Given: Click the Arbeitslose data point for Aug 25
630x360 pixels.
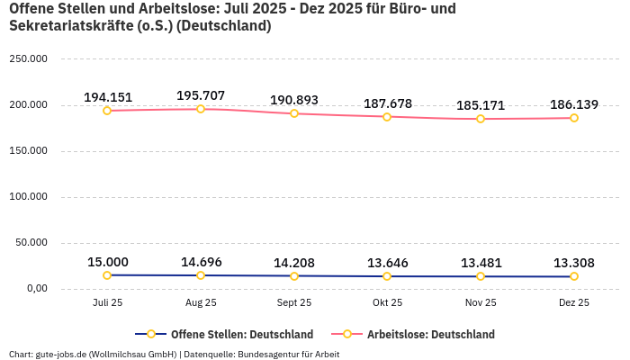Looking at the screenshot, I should coord(201,109).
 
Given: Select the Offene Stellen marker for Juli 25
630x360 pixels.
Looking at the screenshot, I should coord(107,275).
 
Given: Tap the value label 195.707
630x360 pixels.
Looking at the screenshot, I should coord(201,95).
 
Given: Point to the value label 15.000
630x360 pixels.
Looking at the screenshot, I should coord(107,262).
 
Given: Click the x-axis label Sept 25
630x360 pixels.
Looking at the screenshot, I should coord(294,302).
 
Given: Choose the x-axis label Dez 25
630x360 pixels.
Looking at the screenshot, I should coord(574,302).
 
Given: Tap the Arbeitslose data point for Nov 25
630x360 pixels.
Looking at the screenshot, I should coord(481,119).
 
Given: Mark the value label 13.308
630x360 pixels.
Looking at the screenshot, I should coord(574,263).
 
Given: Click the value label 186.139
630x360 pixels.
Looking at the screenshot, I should coord(574,104).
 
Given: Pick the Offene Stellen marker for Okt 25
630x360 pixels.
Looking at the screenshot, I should coord(387,276).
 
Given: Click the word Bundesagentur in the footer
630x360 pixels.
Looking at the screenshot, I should coord(266,354).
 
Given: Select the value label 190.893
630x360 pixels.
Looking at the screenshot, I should coord(294,100).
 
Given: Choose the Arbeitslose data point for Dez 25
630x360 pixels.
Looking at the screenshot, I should coord(574,118).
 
